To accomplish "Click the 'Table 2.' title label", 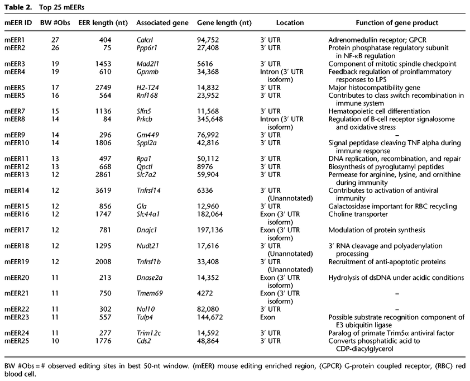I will [18, 7].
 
